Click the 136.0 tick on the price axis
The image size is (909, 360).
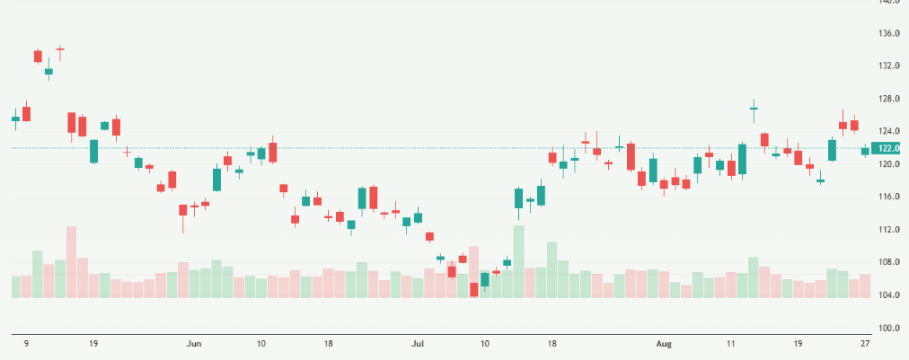click(x=889, y=33)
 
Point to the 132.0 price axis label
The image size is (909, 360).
click(x=889, y=66)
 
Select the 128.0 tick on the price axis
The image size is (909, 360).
click(x=889, y=99)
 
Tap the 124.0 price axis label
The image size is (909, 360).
click(x=889, y=131)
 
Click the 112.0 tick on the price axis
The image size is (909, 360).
click(x=889, y=230)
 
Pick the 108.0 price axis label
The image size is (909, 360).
click(x=889, y=262)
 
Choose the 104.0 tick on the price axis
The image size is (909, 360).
click(x=889, y=295)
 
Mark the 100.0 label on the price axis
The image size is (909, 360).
click(x=889, y=328)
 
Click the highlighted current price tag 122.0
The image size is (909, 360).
click(x=889, y=148)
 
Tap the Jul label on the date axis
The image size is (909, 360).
click(x=418, y=343)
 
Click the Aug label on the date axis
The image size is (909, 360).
click(x=664, y=343)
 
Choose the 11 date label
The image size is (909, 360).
click(x=731, y=343)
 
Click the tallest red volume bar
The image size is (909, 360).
click(x=71, y=261)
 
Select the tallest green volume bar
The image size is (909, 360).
click(x=518, y=261)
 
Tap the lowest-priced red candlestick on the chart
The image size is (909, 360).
click(x=474, y=289)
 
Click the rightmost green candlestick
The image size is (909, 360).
click(x=865, y=151)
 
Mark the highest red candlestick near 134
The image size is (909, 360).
click(x=38, y=56)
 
